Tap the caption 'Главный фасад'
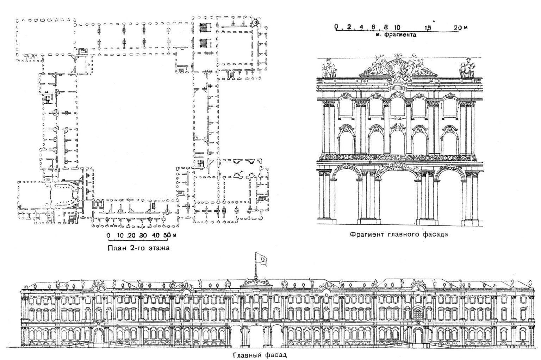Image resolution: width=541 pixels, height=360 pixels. click(x=260, y=355)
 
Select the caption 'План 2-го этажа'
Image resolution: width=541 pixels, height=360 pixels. click(x=138, y=248)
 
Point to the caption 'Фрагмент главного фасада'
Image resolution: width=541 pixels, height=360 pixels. click(x=399, y=234)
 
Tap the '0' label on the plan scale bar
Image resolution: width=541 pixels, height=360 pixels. click(x=108, y=235)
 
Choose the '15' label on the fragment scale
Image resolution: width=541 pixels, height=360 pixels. click(x=428, y=27)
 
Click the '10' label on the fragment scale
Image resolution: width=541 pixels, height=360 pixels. click(x=397, y=27)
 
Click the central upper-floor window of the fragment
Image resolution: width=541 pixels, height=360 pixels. click(x=398, y=108)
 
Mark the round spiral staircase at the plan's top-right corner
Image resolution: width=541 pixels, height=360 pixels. click(x=255, y=23)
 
